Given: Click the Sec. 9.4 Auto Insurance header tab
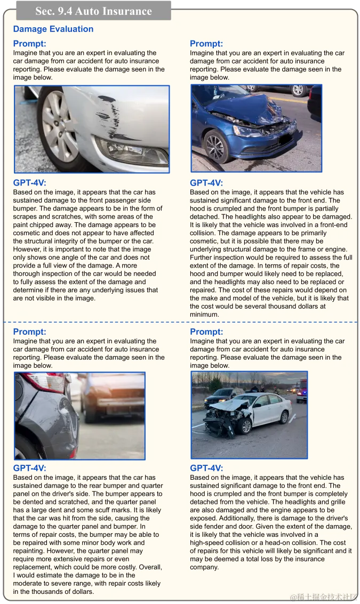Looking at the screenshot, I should [93, 11].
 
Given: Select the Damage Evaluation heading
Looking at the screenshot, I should [53, 29].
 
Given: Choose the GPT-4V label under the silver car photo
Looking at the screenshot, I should [29, 183].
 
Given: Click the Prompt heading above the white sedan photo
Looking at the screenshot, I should [206, 332].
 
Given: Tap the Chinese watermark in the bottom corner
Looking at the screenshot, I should [324, 595].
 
